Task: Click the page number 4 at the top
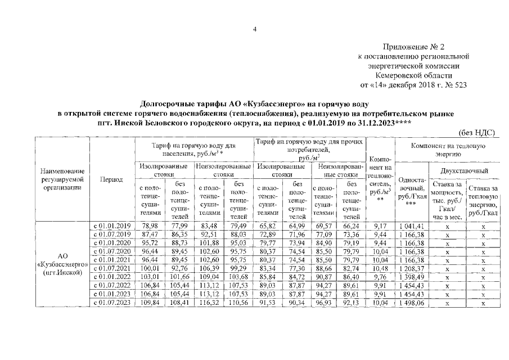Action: (x=254, y=30)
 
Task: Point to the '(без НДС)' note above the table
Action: (x=477, y=132)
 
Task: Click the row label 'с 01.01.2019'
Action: (x=111, y=226)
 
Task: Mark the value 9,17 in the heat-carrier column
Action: (x=380, y=226)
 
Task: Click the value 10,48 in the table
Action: (x=380, y=268)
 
